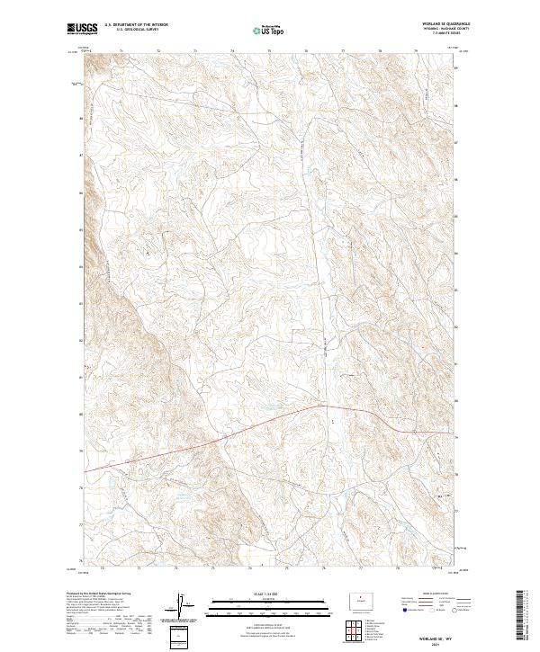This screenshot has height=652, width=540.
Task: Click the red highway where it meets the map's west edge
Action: coord(85,470)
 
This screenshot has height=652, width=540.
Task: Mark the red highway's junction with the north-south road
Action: coord(321,406)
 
